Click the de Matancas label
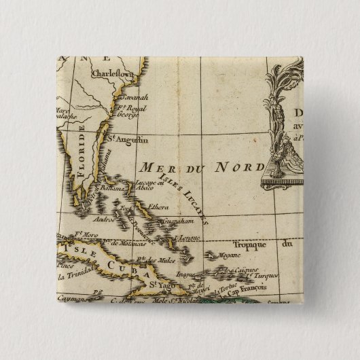tap(126, 242)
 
